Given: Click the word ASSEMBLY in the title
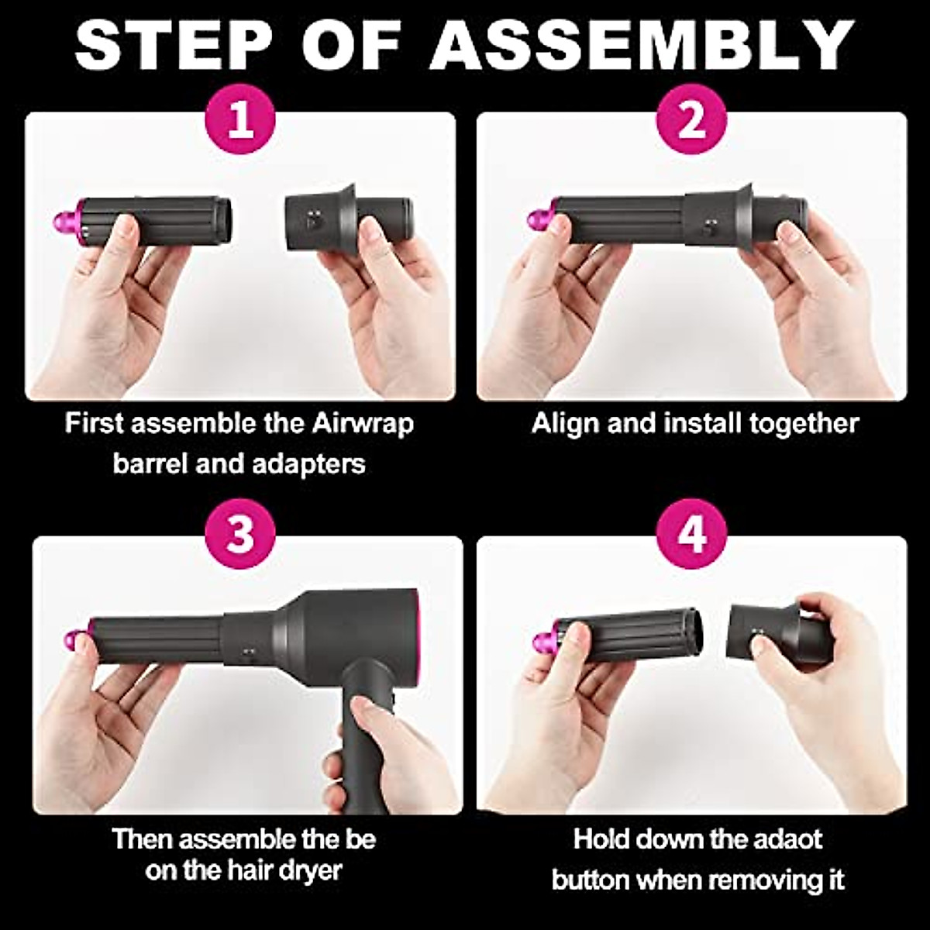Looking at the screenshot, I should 642,44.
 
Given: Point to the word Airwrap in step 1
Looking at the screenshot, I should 363,424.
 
